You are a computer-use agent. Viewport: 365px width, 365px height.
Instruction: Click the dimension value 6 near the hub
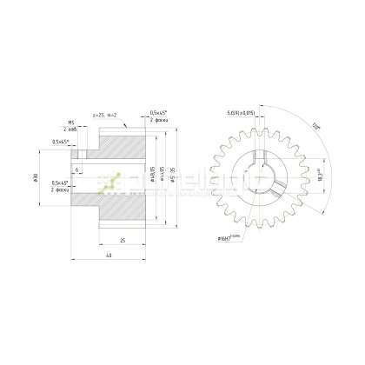78,169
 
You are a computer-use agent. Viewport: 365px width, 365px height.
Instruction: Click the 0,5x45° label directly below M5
63,141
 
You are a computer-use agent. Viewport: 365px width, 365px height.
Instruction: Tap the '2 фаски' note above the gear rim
159,120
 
